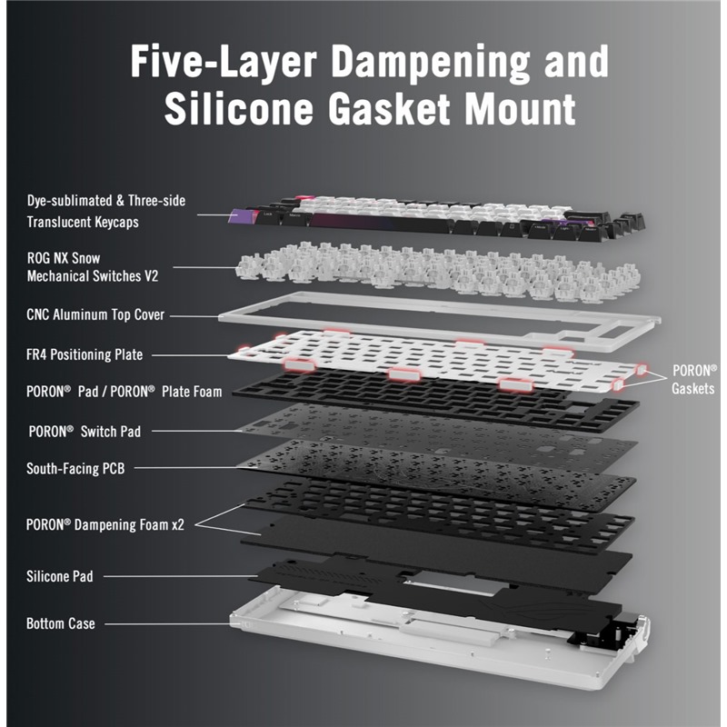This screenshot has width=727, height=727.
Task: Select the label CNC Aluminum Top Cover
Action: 95,315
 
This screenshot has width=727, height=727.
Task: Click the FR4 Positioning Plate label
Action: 85,354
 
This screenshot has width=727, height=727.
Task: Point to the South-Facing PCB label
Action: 75,469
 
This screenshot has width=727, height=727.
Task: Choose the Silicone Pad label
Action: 59,576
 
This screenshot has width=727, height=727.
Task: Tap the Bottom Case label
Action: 61,623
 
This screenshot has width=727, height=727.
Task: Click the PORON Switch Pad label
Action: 85,431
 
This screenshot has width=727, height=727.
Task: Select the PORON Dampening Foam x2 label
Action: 105,524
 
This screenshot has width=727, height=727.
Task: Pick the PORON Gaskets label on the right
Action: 694,380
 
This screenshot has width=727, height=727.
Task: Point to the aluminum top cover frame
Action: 436,309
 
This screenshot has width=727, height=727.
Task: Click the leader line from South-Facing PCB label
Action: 218,469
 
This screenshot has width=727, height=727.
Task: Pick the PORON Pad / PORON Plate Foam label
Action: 124,392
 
